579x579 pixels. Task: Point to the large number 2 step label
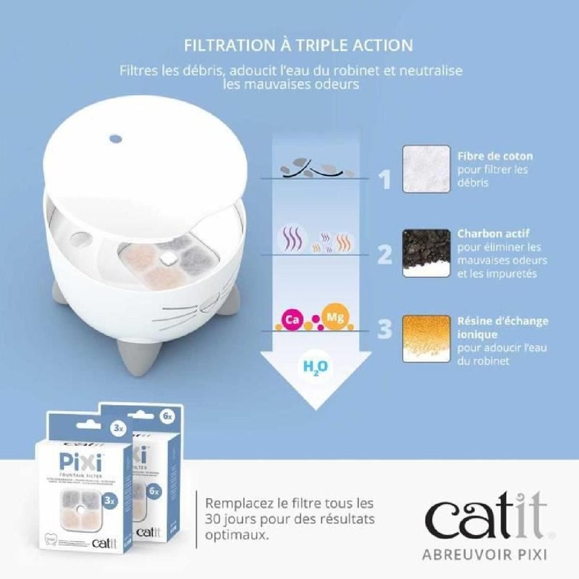(x=385, y=255)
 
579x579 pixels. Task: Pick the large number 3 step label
(x=385, y=329)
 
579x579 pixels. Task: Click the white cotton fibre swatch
(x=425, y=171)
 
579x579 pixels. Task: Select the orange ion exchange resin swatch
(x=425, y=337)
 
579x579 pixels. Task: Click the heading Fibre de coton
(x=495, y=156)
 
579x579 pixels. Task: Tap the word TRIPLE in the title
(x=326, y=45)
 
